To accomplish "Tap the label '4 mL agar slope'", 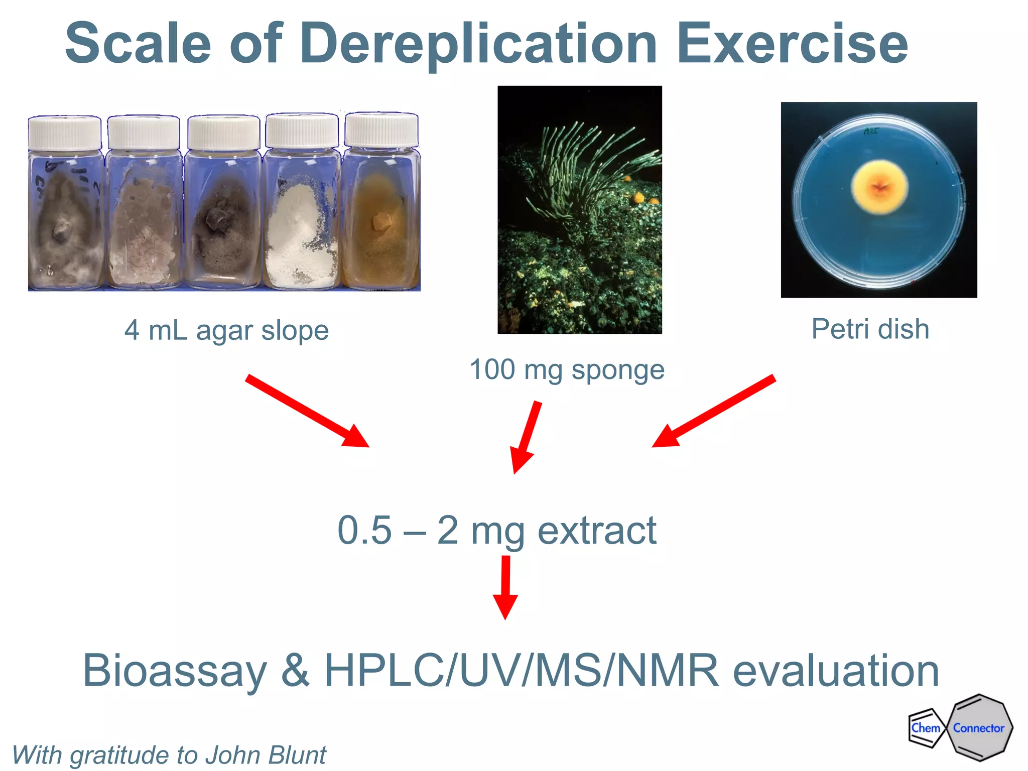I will click(226, 330).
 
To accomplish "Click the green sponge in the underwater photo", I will click(587, 171).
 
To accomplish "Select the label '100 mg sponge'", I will click(567, 370).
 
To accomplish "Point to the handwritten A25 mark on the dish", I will click(871, 131).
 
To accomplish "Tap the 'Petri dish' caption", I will click(870, 329).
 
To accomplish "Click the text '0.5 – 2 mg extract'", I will click(496, 531).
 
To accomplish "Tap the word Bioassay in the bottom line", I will click(174, 671).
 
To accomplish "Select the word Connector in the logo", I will click(978, 728).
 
